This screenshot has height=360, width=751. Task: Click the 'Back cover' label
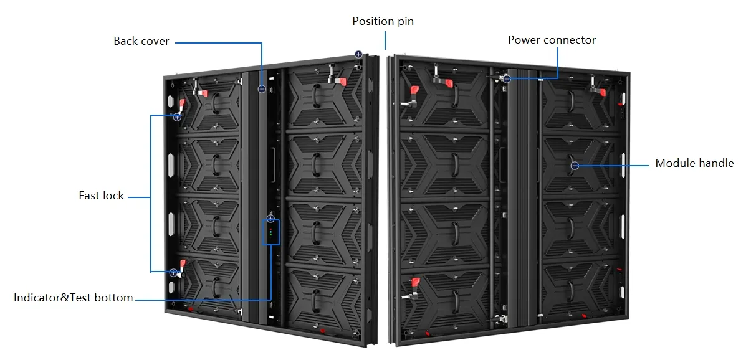click(x=141, y=41)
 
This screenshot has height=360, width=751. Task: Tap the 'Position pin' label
click(x=383, y=21)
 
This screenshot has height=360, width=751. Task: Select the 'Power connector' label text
click(x=552, y=40)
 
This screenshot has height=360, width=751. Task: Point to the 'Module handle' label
click(x=694, y=163)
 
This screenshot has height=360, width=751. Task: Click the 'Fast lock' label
click(x=101, y=196)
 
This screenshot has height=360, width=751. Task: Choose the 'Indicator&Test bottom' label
click(x=73, y=298)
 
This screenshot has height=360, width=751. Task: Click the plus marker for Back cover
click(x=262, y=89)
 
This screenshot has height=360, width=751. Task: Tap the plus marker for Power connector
click(x=507, y=79)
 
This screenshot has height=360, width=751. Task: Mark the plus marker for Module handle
click(x=575, y=165)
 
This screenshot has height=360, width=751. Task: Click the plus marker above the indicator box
click(x=270, y=219)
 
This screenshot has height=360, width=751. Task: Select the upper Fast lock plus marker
click(x=177, y=116)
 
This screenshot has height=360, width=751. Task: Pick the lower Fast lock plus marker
click(x=173, y=273)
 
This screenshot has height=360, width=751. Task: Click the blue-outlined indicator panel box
click(x=270, y=233)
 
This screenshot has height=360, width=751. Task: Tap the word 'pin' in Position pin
click(x=404, y=21)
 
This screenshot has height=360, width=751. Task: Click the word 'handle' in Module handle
click(x=715, y=163)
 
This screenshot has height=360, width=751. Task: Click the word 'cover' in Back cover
click(x=155, y=41)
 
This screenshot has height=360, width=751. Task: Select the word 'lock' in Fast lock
click(x=113, y=196)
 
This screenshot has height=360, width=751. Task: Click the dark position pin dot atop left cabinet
click(x=358, y=54)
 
